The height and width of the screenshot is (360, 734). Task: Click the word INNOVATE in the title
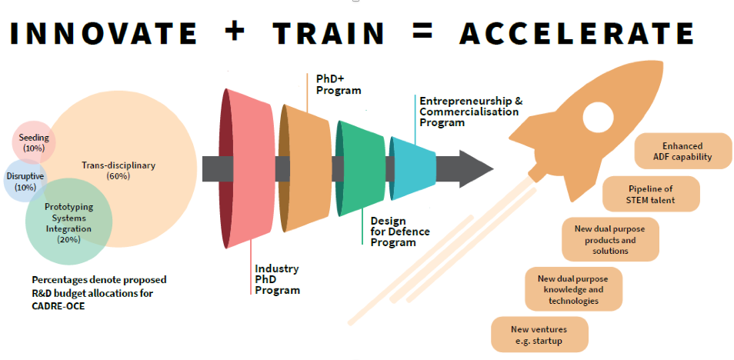tap(103, 33)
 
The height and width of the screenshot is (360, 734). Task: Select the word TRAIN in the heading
tap(329, 33)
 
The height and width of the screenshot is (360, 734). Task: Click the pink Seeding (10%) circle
tap(33, 142)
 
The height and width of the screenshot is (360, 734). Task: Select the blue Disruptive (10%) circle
tap(25, 181)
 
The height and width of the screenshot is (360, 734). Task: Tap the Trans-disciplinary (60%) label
tap(118, 171)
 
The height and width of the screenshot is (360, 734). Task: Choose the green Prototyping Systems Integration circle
tap(68, 222)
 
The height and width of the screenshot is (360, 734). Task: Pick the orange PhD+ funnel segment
tap(307, 168)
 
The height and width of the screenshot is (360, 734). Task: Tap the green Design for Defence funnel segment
tap(361, 168)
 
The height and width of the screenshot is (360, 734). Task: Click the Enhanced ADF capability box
tap(682, 152)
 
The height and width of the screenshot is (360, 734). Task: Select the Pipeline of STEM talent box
tap(651, 194)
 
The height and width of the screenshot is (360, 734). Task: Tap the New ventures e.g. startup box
tap(539, 335)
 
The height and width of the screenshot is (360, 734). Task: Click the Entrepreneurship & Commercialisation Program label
tap(470, 112)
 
